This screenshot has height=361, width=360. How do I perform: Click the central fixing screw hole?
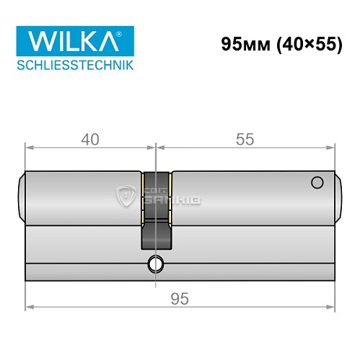pyautogui.click(x=154, y=265)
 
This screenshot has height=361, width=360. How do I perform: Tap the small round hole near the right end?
pyautogui.click(x=315, y=183)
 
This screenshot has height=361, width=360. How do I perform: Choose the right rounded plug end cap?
pyautogui.click(x=336, y=196)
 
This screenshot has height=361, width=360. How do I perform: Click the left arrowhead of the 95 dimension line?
pyautogui.click(x=29, y=308)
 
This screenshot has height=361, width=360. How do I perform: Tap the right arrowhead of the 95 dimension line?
pyautogui.click(x=333, y=308)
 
